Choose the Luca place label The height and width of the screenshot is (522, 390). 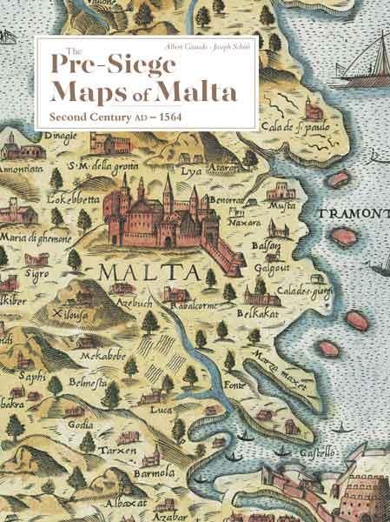(x=158, y=409)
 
